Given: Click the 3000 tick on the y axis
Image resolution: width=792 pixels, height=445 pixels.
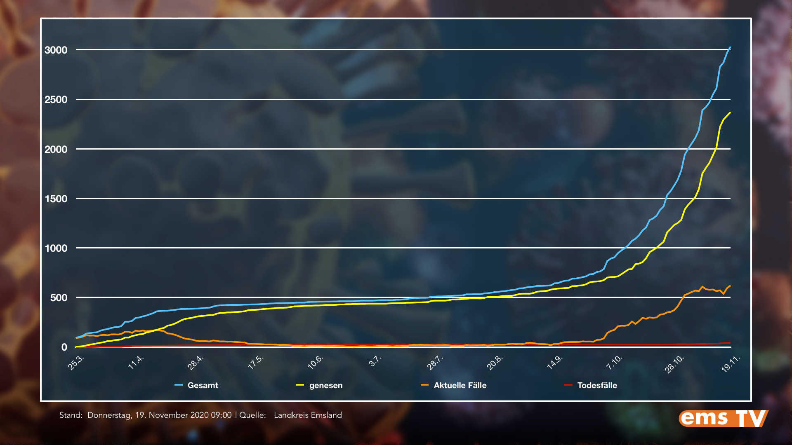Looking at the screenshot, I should [x=56, y=50].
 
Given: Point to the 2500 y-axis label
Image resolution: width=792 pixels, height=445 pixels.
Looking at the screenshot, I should [x=56, y=100].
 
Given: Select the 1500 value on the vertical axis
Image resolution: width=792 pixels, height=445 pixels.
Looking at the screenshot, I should [x=56, y=199].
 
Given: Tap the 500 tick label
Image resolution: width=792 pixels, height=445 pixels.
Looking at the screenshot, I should [x=59, y=298].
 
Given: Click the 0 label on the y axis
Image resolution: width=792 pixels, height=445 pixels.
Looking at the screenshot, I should [x=64, y=347].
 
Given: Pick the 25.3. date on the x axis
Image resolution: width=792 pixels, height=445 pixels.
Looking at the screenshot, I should [x=76, y=363].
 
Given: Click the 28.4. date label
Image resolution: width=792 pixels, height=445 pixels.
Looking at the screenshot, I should [x=196, y=363].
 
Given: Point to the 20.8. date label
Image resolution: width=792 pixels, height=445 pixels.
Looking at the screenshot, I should [x=495, y=363].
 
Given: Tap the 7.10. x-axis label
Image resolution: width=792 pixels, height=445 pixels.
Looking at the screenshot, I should [x=614, y=363].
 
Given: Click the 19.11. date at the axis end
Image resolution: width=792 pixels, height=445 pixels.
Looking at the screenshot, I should [x=731, y=363].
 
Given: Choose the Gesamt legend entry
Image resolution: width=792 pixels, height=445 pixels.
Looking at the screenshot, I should [x=203, y=385].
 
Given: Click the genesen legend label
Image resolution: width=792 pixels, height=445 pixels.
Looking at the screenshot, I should [x=325, y=385].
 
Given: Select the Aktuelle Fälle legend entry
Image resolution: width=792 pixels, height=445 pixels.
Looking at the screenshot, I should [x=460, y=385].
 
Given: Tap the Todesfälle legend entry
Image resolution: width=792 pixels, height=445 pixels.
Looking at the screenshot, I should [x=597, y=385].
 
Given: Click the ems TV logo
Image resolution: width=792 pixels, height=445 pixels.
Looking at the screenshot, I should [x=723, y=418].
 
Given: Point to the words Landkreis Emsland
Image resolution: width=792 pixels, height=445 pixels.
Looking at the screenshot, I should [x=308, y=415].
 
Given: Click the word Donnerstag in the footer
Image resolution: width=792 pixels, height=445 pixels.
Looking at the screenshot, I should [x=110, y=415].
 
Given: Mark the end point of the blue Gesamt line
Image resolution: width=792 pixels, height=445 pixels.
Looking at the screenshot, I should [x=730, y=47].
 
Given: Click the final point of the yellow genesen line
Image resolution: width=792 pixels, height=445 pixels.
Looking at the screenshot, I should [x=730, y=112].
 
